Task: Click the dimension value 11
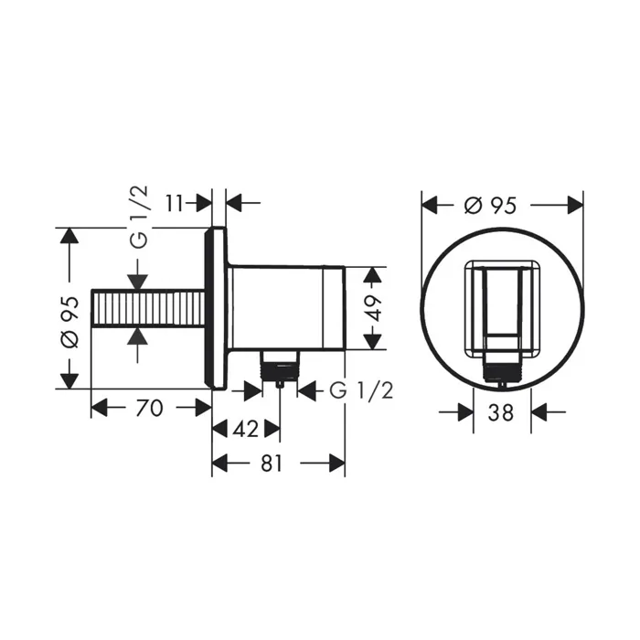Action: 175,203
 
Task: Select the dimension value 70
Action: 149,408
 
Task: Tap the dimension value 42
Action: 246,429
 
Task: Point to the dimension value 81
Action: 272,464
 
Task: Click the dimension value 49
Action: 373,308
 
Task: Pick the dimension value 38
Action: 500,412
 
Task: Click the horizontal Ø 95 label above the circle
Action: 491,206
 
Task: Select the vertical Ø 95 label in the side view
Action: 69,323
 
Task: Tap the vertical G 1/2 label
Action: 140,218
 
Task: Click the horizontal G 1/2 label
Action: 361,390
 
